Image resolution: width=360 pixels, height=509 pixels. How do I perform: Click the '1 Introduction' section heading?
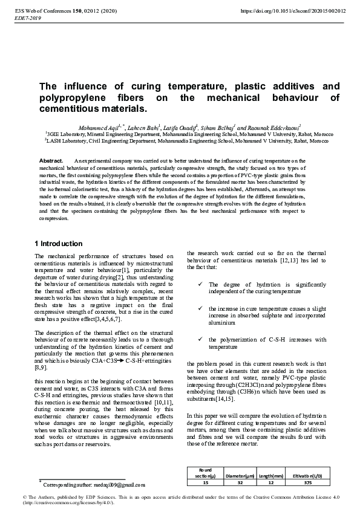pos(59,244)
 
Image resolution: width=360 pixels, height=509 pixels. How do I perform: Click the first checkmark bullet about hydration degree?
pos(200,284)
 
